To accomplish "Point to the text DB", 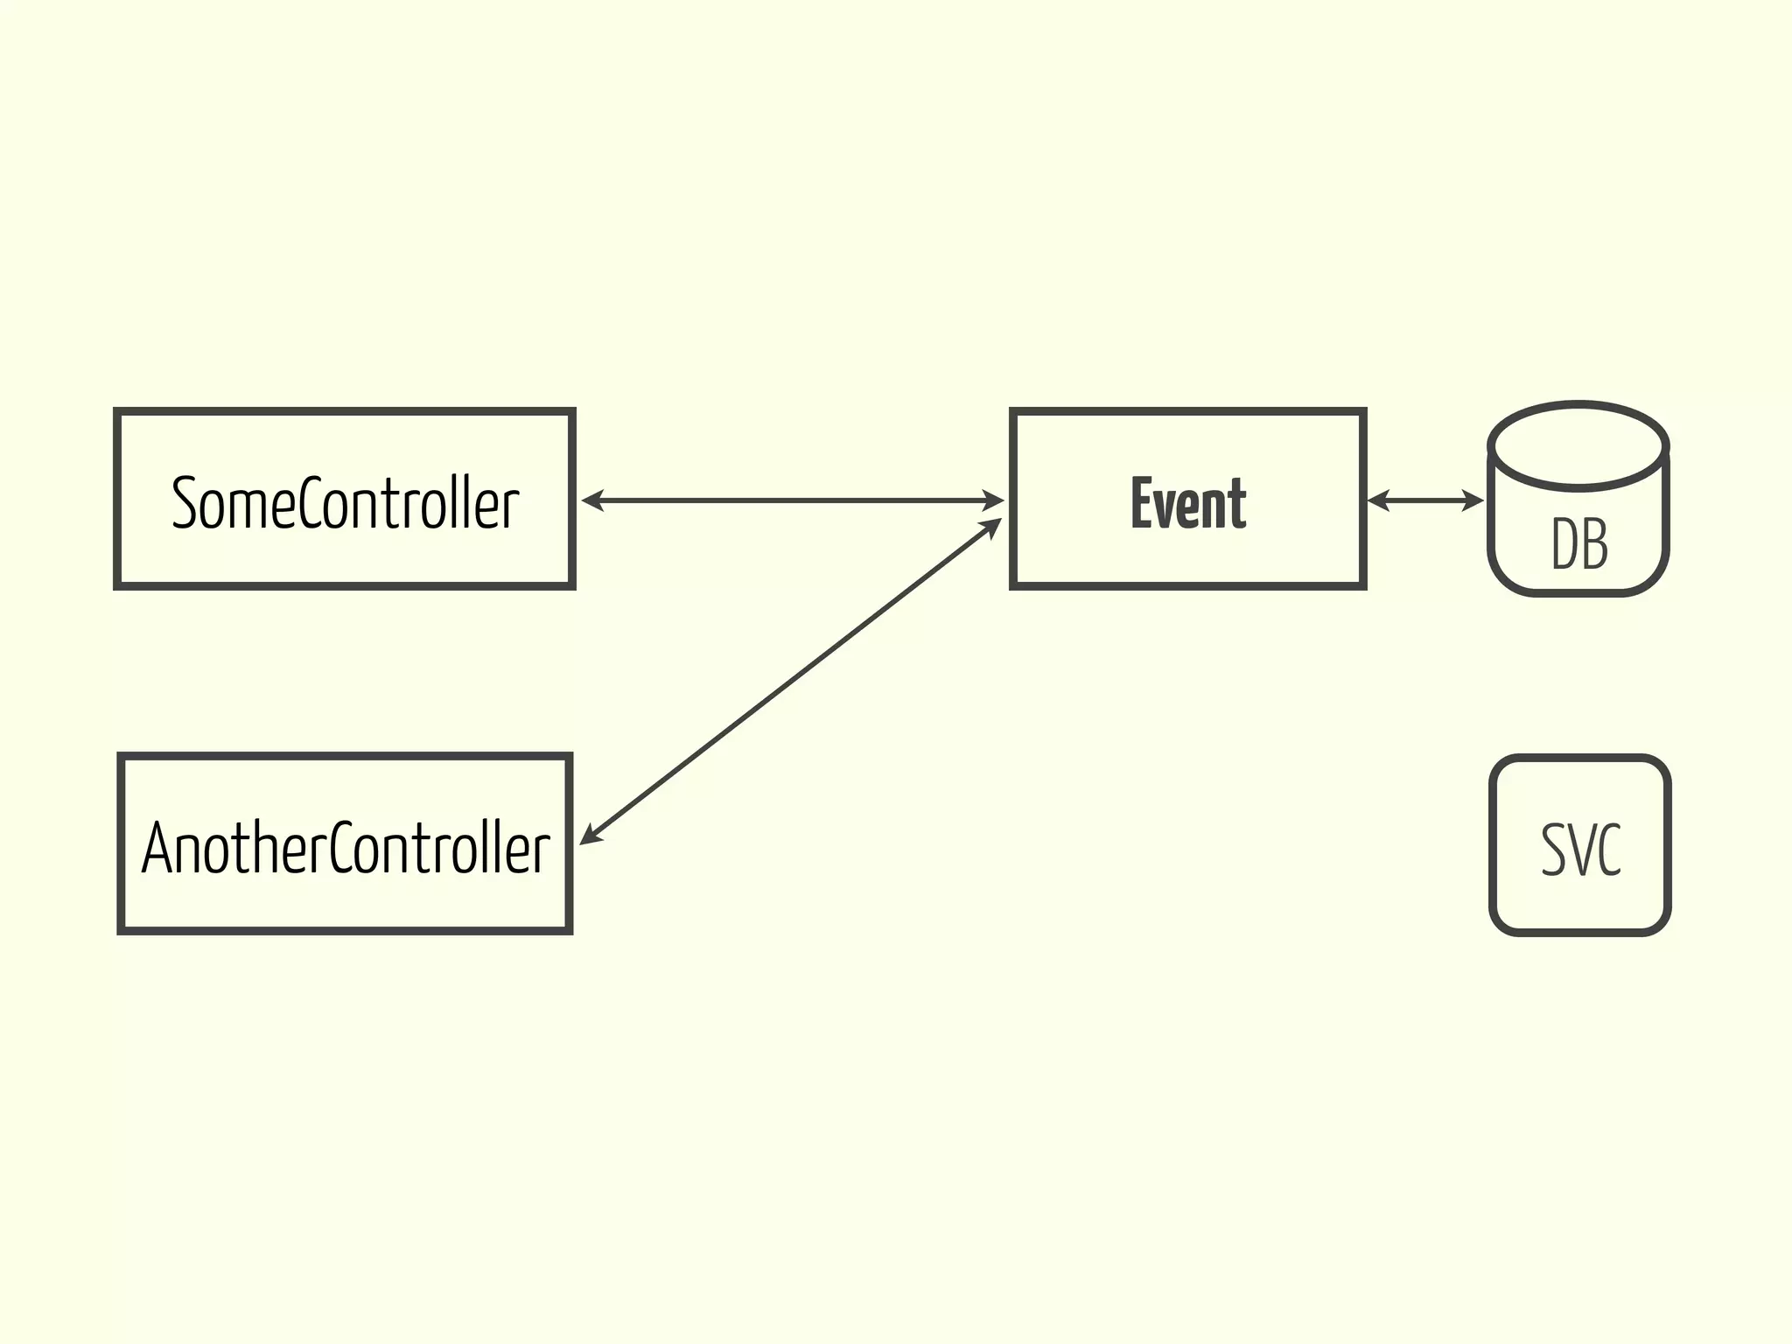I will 1579,544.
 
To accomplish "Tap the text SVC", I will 1580,850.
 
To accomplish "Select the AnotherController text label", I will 346,848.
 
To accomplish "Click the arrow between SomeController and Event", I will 792,500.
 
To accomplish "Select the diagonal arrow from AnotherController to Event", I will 790,682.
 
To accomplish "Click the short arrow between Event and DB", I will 1425,500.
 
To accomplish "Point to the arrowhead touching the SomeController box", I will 591,500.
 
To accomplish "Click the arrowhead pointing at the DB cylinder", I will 1474,500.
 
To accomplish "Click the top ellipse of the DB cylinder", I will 1578,445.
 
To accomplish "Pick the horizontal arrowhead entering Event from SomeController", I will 995,500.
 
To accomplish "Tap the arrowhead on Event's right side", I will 1377,500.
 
